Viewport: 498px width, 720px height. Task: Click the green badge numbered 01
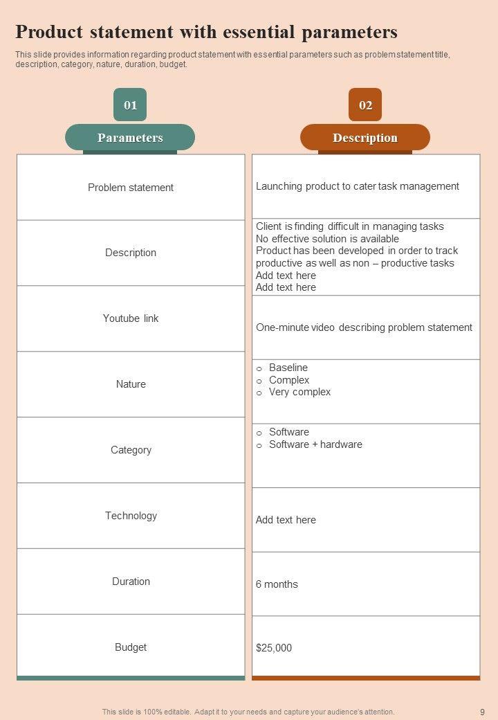[130, 105]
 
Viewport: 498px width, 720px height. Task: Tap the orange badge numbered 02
[365, 105]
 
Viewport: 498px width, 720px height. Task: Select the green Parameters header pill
[130, 138]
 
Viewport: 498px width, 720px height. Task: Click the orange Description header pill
[365, 138]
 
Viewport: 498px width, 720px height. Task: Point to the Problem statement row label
[131, 188]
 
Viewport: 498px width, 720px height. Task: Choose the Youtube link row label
[131, 318]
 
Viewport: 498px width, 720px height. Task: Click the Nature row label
[131, 384]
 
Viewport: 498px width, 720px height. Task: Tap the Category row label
[131, 450]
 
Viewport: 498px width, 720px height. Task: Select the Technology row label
[131, 516]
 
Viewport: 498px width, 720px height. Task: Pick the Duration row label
[131, 582]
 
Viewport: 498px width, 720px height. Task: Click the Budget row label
[131, 647]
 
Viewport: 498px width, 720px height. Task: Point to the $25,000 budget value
[274, 648]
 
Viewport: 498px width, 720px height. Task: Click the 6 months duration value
[277, 584]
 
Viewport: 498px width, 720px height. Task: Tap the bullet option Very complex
[299, 392]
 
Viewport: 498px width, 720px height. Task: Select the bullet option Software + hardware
[315, 444]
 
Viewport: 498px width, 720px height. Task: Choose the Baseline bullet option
[288, 368]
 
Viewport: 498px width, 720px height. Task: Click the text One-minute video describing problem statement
[364, 327]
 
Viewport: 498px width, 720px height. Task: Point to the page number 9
[482, 712]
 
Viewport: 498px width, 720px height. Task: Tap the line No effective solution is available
[327, 239]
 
